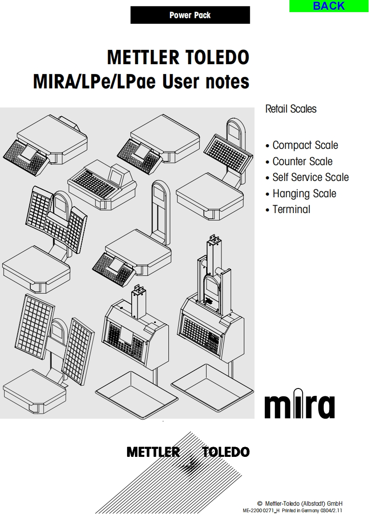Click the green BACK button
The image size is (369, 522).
329,6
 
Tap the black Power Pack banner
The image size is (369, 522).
190,15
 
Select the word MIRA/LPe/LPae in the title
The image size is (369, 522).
94,81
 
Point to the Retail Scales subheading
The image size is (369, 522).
291,109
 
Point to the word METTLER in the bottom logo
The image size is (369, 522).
153,452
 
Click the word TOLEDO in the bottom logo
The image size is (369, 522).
226,452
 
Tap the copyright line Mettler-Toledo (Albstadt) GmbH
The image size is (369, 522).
303,503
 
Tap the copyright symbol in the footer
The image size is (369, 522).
260,503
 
